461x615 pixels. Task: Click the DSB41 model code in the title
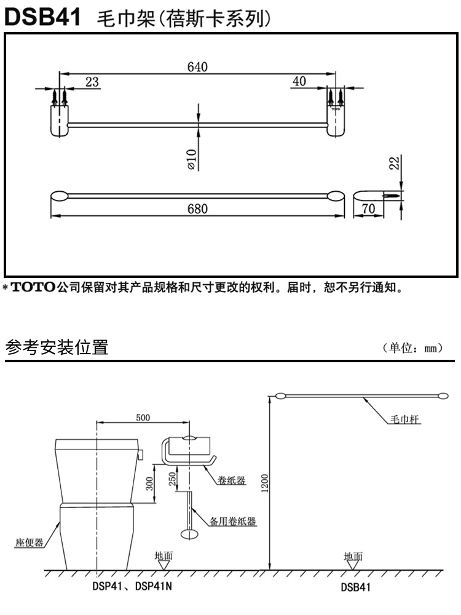(43, 17)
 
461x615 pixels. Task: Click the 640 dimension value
(197, 66)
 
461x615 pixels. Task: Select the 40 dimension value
(299, 82)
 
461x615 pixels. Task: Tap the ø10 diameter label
(191, 158)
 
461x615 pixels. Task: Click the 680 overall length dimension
(197, 209)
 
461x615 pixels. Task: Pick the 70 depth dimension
(368, 209)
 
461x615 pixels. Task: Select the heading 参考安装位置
(57, 349)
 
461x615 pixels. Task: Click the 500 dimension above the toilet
(143, 418)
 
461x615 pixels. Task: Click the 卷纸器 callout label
(232, 480)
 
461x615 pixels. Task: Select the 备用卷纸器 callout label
(234, 522)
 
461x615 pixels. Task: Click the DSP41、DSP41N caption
(132, 587)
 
